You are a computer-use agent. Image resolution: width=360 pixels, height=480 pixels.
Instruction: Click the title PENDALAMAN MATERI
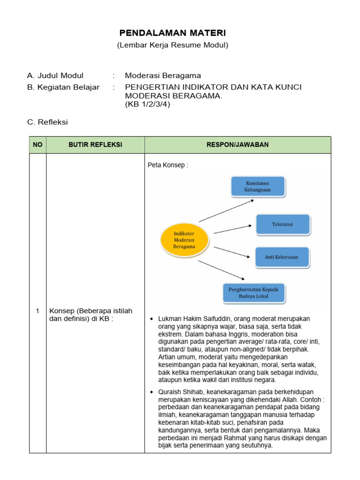[172, 33]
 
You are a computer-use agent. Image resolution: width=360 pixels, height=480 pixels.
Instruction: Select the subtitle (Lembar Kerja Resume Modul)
[172, 45]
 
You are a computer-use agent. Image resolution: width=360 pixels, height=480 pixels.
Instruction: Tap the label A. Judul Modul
[55, 75]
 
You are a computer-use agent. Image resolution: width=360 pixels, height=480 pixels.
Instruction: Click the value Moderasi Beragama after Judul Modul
[163, 75]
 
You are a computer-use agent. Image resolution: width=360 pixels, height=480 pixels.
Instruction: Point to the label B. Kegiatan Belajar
[63, 87]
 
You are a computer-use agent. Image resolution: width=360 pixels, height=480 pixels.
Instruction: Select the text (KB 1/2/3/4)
[147, 105]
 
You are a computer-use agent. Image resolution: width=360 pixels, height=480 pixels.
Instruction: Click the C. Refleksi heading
[48, 122]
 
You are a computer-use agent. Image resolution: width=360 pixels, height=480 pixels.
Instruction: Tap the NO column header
[37, 145]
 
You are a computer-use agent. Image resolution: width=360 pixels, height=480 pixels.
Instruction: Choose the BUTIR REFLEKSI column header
[95, 145]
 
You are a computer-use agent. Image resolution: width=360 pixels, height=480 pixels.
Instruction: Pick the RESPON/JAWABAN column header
[238, 145]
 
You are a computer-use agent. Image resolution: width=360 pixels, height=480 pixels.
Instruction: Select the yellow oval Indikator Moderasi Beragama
[184, 240]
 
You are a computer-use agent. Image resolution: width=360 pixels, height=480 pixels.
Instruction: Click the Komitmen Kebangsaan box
[257, 186]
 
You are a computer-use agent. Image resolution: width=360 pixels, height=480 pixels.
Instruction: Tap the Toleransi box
[283, 224]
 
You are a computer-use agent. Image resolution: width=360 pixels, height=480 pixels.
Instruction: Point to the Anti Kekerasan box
[283, 257]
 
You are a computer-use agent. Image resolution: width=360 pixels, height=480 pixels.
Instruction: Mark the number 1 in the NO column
[37, 311]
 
